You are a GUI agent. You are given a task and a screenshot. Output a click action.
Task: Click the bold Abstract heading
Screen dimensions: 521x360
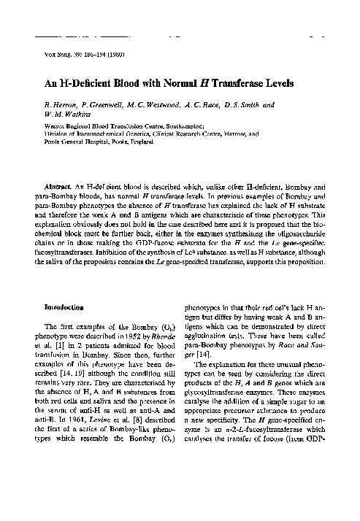[x=58, y=188]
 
